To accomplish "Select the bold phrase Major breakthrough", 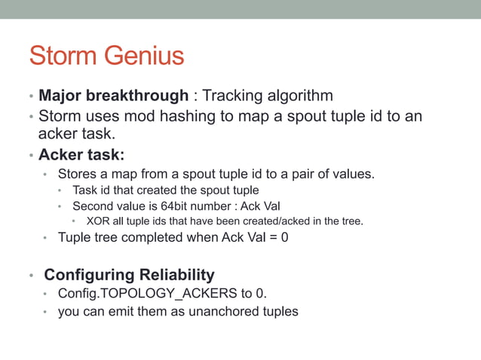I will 113,96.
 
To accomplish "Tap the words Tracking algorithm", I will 268,96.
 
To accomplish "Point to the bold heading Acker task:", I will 81,155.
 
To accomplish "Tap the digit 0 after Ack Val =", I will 284,238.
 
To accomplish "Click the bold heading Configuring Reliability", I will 129,274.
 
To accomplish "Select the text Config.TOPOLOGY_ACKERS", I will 146,293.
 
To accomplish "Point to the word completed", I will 151,238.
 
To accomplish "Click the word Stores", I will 77,174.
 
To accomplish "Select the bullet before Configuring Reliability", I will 31,276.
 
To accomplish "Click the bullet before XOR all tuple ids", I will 74,222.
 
